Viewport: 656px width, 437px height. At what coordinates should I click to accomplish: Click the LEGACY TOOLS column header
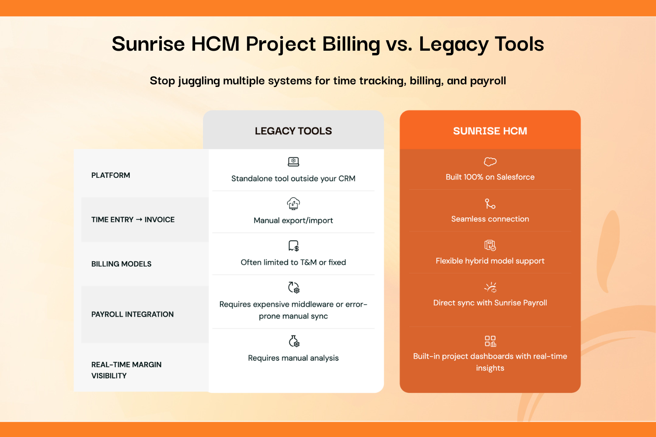[x=293, y=131]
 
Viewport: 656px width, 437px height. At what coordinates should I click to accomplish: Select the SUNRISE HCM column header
[x=490, y=131]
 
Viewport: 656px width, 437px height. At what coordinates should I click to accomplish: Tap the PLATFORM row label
[x=111, y=175]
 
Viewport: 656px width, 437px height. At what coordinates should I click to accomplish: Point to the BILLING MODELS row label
[x=121, y=264]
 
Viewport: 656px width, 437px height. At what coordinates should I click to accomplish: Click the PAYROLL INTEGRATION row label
[x=133, y=314]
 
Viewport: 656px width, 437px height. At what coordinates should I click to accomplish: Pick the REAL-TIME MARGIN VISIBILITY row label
[x=126, y=370]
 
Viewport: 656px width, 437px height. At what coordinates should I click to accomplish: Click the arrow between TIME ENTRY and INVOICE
[x=139, y=219]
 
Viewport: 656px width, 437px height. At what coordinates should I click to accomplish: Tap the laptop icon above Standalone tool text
[x=293, y=162]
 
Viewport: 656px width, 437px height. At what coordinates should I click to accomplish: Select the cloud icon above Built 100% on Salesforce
[x=490, y=161]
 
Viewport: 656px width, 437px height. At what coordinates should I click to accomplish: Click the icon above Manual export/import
[x=293, y=204]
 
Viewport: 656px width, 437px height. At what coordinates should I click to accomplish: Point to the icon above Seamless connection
[x=490, y=204]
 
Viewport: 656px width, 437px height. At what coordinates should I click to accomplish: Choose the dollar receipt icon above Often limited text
[x=293, y=246]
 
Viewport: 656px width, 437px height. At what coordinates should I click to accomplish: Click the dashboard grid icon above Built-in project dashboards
[x=490, y=341]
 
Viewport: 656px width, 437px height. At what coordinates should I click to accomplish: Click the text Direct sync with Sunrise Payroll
[x=490, y=303]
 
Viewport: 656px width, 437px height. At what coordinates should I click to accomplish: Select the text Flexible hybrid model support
[x=490, y=261]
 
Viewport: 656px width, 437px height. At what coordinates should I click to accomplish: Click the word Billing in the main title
[x=351, y=44]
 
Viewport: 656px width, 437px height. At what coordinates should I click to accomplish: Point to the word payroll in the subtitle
[x=488, y=81]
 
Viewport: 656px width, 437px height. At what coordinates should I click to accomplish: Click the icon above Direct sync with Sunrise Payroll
[x=490, y=288]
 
